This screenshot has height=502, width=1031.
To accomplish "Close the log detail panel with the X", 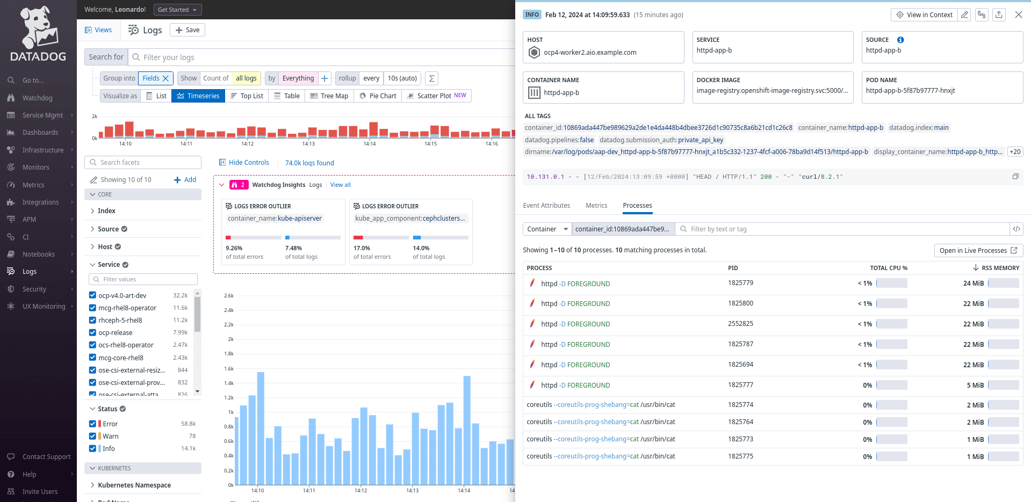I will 1018,15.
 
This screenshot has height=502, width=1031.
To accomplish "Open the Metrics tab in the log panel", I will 596,206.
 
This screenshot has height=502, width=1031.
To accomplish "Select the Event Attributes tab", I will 546,206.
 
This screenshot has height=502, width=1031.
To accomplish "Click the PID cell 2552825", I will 740,324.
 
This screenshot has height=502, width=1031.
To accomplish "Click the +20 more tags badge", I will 1014,152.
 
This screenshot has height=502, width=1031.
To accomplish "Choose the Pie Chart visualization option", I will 378,96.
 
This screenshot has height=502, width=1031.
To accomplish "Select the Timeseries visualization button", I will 198,96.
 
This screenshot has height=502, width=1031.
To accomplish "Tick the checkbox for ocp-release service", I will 92,333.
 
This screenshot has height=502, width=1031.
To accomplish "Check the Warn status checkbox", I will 92,436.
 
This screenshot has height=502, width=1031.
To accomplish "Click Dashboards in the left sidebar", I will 40,133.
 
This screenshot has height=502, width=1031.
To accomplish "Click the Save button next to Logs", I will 188,30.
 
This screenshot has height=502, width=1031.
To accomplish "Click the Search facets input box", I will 143,163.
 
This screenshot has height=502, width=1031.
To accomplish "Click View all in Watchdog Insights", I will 340,185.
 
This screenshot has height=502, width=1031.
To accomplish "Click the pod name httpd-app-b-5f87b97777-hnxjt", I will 910,91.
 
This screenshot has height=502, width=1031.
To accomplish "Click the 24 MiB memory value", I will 973,283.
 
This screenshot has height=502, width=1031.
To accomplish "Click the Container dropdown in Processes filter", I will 547,229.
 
